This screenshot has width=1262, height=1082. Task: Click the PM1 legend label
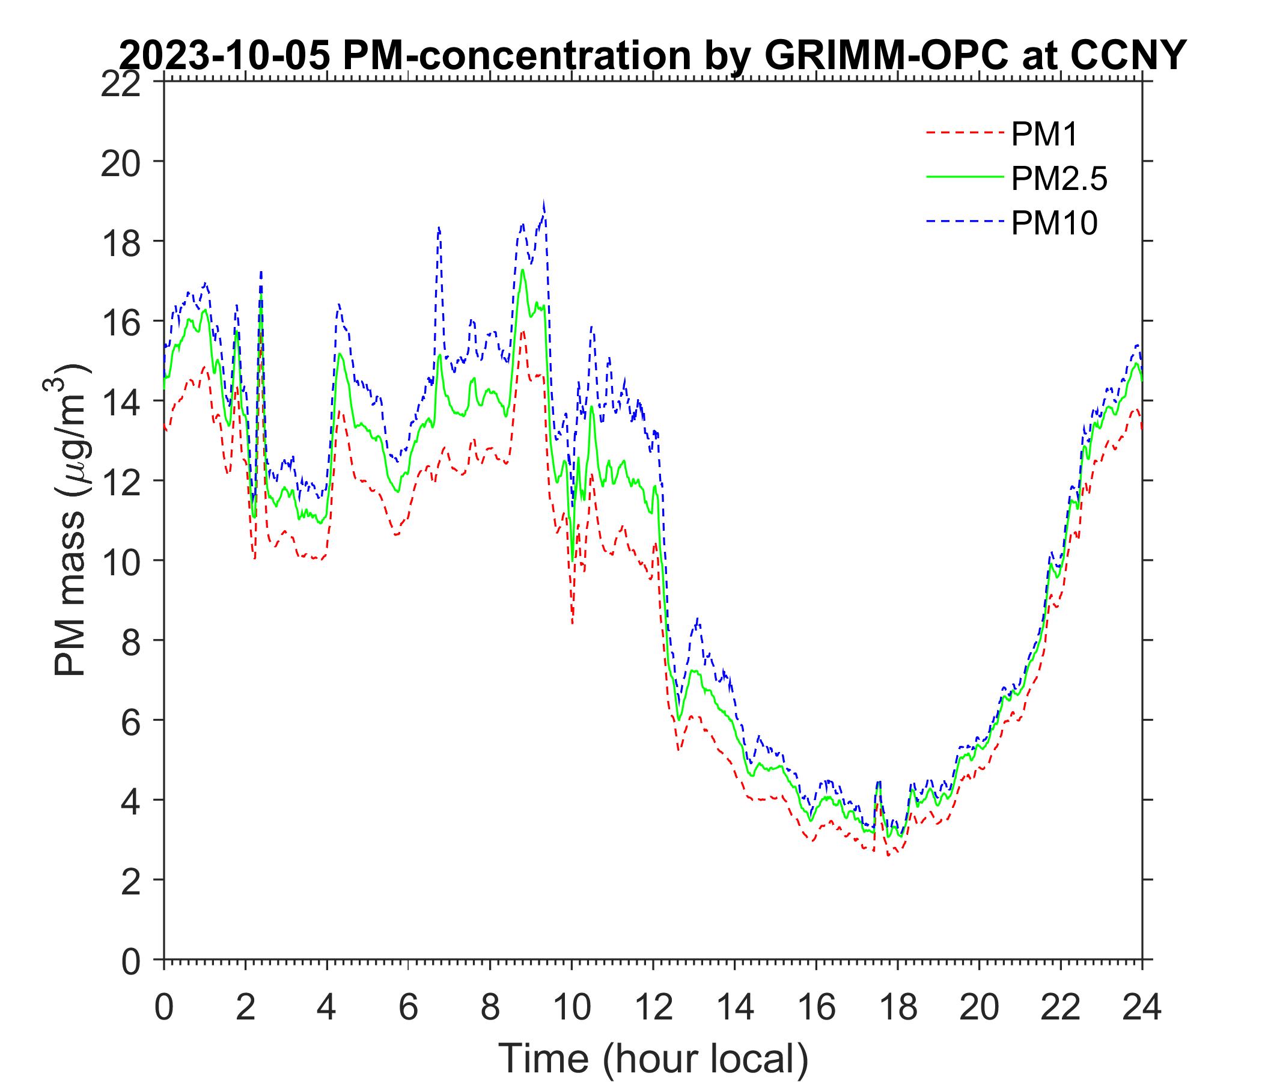coord(1044,135)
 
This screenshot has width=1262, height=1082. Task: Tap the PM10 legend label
coord(1053,224)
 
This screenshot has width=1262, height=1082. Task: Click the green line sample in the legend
coord(965,176)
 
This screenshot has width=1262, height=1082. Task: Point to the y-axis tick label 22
coord(120,84)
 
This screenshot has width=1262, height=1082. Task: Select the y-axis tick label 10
coord(120,561)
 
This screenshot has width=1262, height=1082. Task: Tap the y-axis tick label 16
coord(120,322)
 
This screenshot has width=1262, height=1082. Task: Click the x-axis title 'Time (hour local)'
coord(654,1058)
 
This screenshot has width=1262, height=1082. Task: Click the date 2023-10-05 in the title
coord(225,56)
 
